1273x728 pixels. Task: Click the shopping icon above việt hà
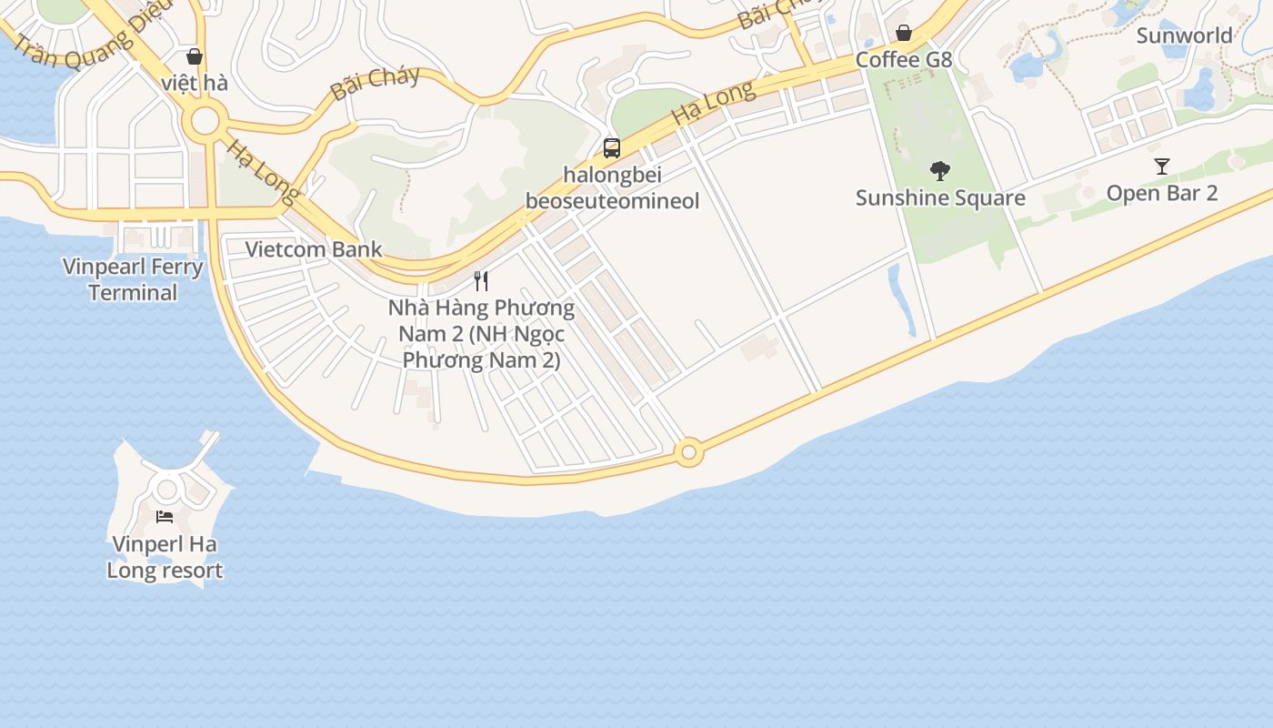(195, 56)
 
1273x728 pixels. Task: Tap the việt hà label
(195, 83)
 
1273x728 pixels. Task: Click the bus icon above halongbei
(612, 147)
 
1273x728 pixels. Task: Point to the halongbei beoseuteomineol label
(612, 187)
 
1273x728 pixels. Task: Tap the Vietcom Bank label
(314, 249)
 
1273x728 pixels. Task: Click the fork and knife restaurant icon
(482, 280)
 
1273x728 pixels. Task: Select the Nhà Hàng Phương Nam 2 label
(482, 333)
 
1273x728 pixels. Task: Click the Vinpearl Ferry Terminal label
(133, 279)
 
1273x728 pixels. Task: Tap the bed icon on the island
(165, 517)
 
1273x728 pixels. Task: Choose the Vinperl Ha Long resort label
(165, 557)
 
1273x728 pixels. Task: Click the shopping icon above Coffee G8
(904, 34)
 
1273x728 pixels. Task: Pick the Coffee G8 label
(904, 60)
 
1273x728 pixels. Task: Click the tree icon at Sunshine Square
(940, 170)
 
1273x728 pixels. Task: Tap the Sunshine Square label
(940, 197)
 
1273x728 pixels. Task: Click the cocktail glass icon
(1162, 166)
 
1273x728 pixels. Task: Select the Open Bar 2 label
(1162, 193)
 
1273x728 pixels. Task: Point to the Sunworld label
(1185, 35)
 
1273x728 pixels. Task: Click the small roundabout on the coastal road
(689, 451)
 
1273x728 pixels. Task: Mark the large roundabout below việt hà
(206, 120)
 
